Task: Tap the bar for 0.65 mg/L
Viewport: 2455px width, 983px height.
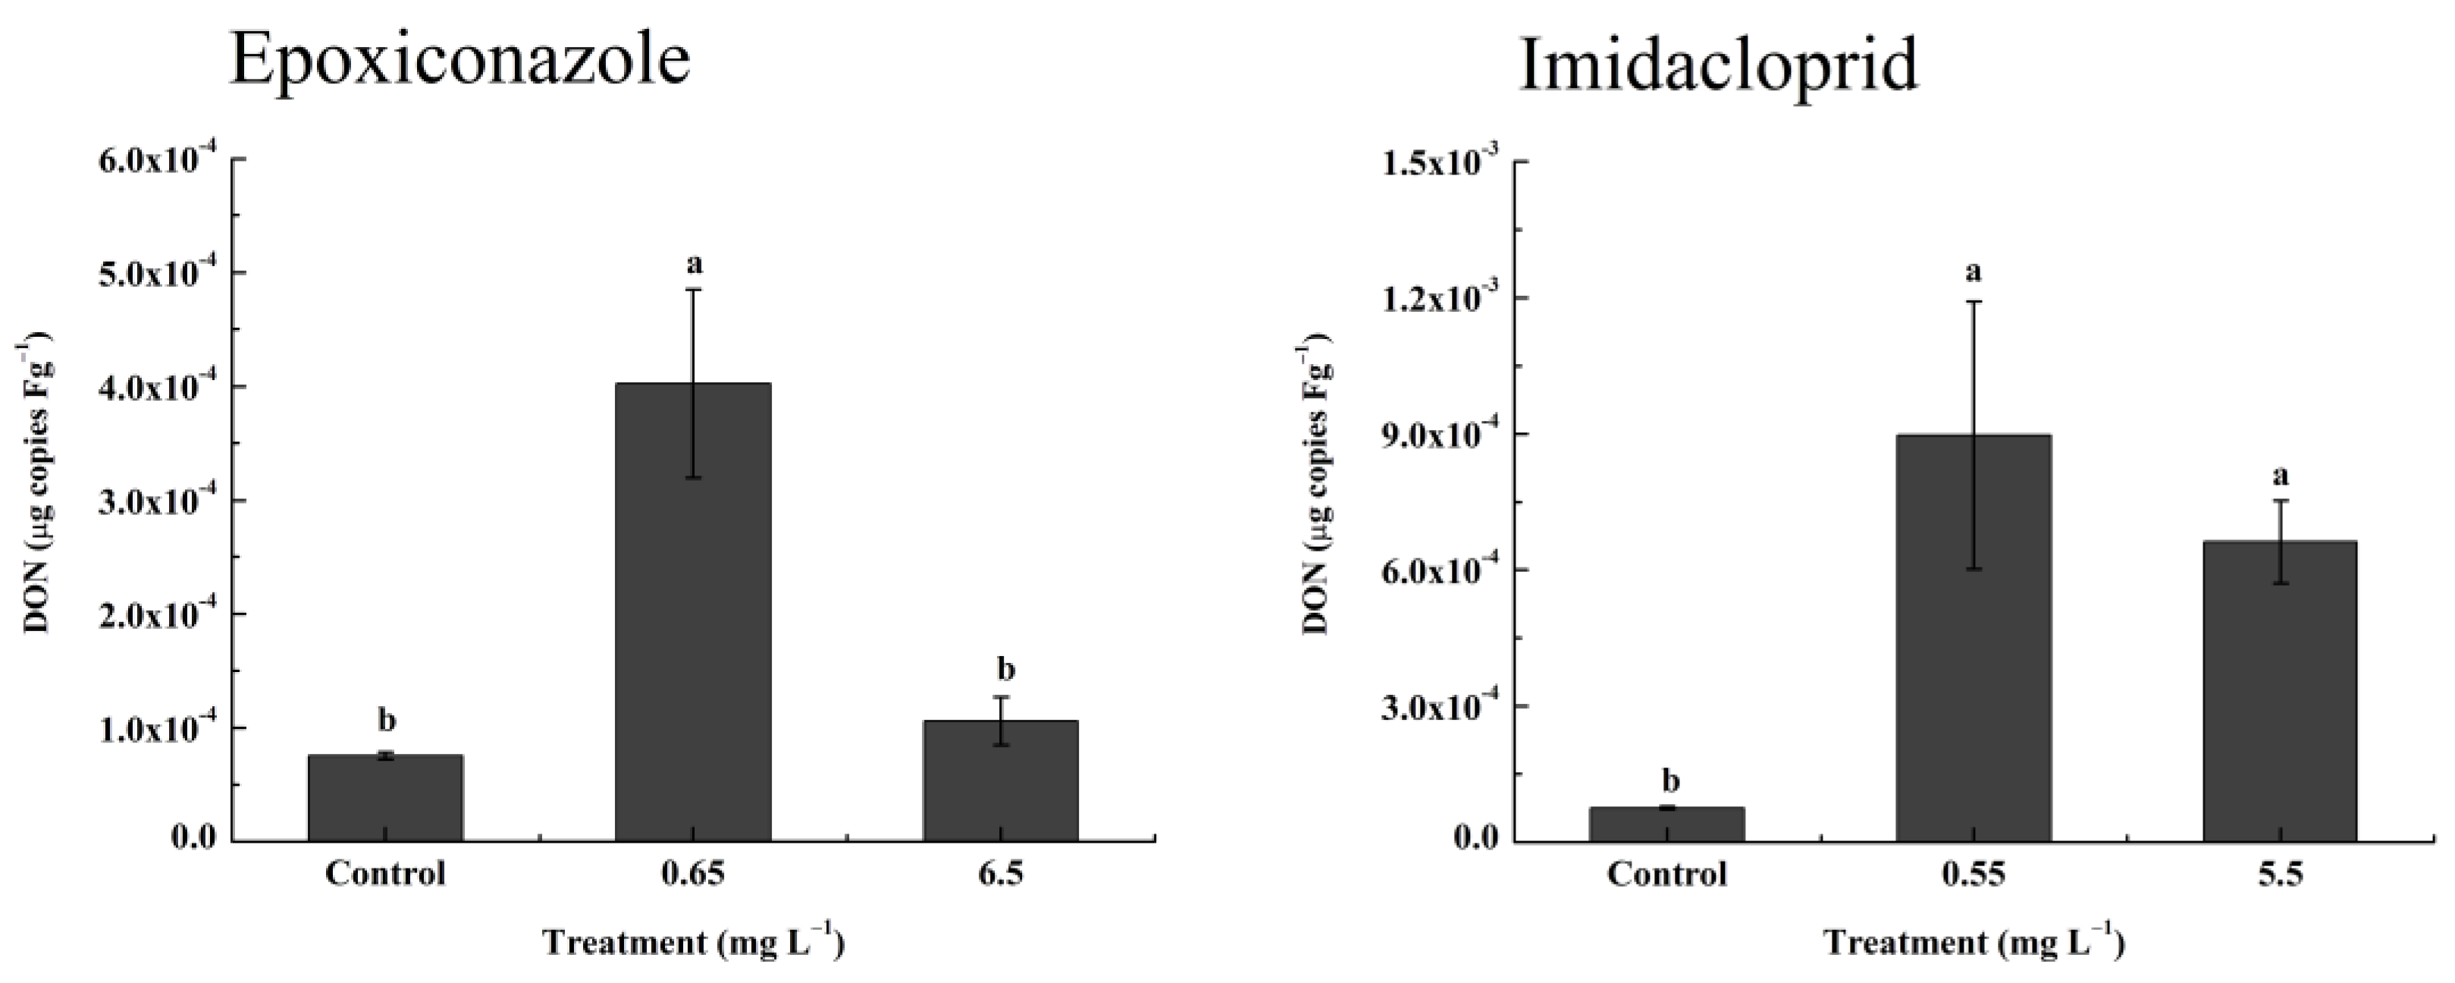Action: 693,611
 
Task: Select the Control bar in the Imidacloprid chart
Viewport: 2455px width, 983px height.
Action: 1666,824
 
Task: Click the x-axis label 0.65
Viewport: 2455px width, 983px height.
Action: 693,873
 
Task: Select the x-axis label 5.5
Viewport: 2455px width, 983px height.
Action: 2280,873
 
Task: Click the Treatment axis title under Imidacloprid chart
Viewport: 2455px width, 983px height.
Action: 1974,944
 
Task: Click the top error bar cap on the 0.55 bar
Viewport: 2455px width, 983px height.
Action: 1974,301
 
